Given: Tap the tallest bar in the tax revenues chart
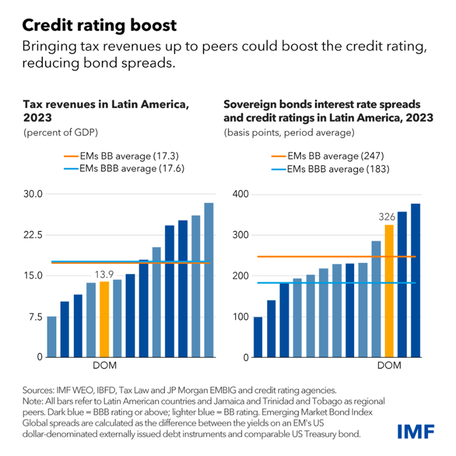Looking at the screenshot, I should tap(209, 280).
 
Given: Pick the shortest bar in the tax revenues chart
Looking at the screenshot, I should tap(51, 336).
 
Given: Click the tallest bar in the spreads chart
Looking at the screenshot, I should tap(415, 280).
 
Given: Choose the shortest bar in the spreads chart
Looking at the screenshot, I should tap(258, 337).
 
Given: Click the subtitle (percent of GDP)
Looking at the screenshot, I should tap(57, 132).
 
